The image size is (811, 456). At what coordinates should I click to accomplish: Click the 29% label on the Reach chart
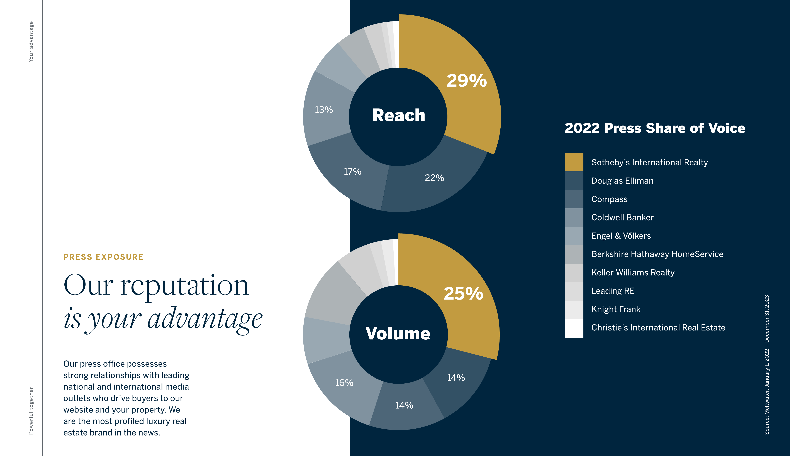coord(467,81)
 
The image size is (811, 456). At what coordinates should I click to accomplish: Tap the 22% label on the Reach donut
coord(434,178)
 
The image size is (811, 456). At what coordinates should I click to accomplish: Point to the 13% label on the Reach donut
coord(324,110)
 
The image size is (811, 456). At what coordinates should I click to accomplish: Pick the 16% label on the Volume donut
coord(344,383)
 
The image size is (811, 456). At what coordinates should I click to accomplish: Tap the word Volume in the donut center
coord(398,333)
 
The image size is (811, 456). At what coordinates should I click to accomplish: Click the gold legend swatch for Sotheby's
coord(574,162)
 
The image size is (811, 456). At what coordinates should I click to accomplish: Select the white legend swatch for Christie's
coord(574,328)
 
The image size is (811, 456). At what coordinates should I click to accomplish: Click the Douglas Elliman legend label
coord(622,181)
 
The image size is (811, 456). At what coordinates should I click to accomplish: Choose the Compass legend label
coord(609,199)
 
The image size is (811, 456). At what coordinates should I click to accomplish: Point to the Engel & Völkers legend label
coord(621,236)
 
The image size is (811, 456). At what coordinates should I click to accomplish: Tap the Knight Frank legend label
coord(615,309)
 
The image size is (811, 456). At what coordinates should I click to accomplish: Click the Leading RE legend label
coord(613,291)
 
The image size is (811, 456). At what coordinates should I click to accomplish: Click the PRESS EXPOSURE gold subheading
coord(103,257)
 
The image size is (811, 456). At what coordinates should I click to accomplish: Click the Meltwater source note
coord(767,365)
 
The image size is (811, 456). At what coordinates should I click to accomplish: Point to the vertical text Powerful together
coord(31,411)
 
